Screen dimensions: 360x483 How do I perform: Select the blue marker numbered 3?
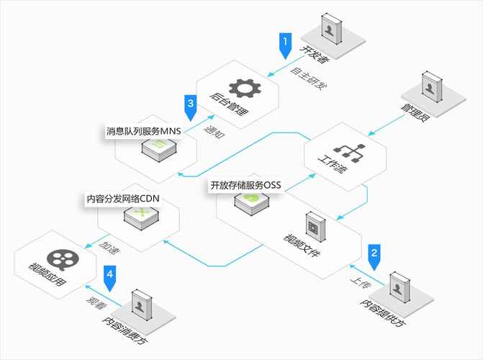coord(190,104)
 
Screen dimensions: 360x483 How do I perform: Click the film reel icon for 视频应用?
coord(58,258)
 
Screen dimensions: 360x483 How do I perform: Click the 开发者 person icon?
coord(328,31)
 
